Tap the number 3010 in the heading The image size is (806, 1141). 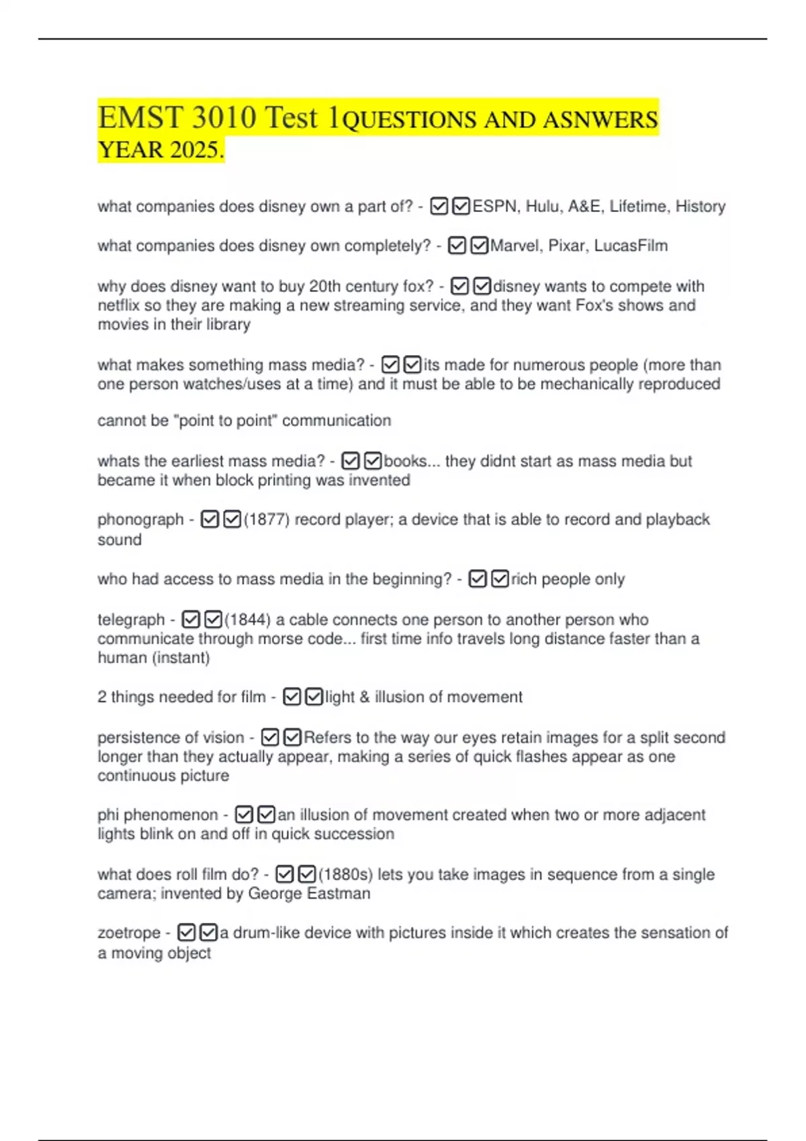pos(224,117)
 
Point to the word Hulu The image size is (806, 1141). pos(542,206)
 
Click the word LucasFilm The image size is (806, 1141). pos(631,246)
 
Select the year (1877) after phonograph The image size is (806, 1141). pos(267,519)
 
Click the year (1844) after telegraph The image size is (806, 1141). pos(247,619)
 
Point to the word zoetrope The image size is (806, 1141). pos(129,933)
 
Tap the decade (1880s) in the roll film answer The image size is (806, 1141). pos(345,875)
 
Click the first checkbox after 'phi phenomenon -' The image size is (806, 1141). pos(244,815)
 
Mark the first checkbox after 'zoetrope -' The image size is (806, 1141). pos(187,933)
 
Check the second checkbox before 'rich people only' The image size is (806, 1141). pos(500,579)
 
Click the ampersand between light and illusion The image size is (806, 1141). pos(365,697)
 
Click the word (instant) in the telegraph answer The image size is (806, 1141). pos(182,658)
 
